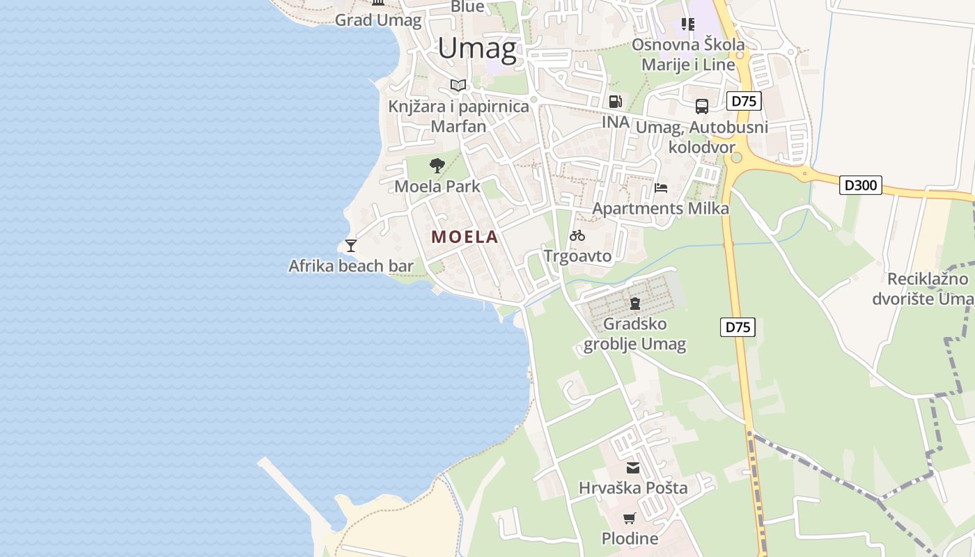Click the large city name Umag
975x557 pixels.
477,49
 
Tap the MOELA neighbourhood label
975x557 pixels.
465,237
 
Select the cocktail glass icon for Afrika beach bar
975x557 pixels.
351,245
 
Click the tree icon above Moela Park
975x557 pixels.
437,166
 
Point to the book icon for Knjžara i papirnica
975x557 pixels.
458,86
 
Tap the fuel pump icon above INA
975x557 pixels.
615,102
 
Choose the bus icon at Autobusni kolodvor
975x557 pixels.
701,107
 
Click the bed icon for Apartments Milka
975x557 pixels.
661,188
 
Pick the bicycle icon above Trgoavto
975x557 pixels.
577,235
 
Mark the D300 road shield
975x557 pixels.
861,185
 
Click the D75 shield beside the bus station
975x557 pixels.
744,101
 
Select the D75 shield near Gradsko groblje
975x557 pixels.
738,327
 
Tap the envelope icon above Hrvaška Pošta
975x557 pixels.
633,468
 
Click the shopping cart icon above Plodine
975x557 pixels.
630,518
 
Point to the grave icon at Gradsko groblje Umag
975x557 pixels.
634,304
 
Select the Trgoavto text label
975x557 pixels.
577,256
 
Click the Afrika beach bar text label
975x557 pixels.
351,266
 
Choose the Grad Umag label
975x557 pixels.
378,20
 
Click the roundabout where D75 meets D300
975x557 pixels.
735,157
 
